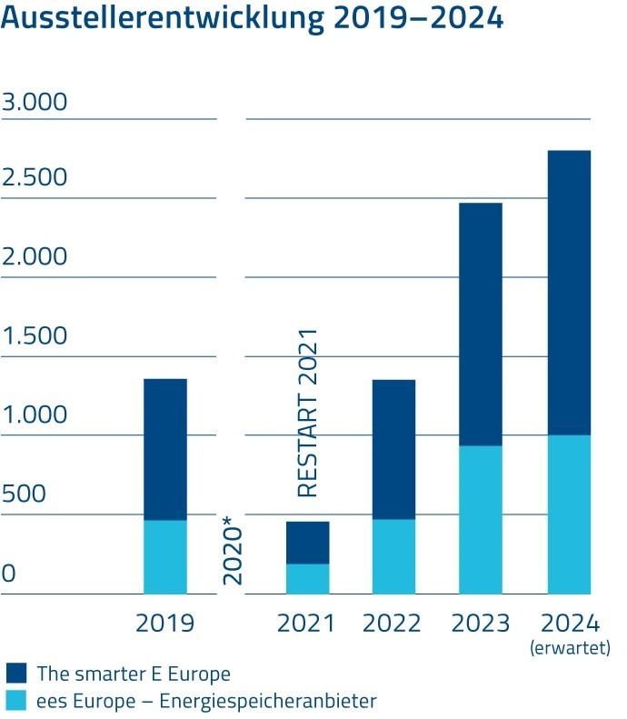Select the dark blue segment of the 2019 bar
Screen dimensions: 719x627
(164, 449)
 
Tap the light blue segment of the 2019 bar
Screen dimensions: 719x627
(164, 556)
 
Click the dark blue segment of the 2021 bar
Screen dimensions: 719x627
(307, 543)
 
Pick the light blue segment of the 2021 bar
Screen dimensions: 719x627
(307, 579)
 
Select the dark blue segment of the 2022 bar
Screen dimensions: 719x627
(393, 449)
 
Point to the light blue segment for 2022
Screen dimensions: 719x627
(393, 556)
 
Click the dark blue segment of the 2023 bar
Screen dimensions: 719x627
(480, 324)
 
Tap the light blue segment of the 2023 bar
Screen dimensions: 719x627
(480, 520)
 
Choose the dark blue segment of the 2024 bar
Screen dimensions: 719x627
(568, 293)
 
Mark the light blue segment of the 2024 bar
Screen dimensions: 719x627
(568, 514)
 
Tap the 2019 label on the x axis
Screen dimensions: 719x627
(164, 624)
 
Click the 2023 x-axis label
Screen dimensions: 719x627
(480, 624)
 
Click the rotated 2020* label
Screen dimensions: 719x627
(234, 549)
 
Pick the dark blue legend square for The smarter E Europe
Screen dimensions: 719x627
(16, 674)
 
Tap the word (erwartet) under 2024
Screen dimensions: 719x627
(570, 648)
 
